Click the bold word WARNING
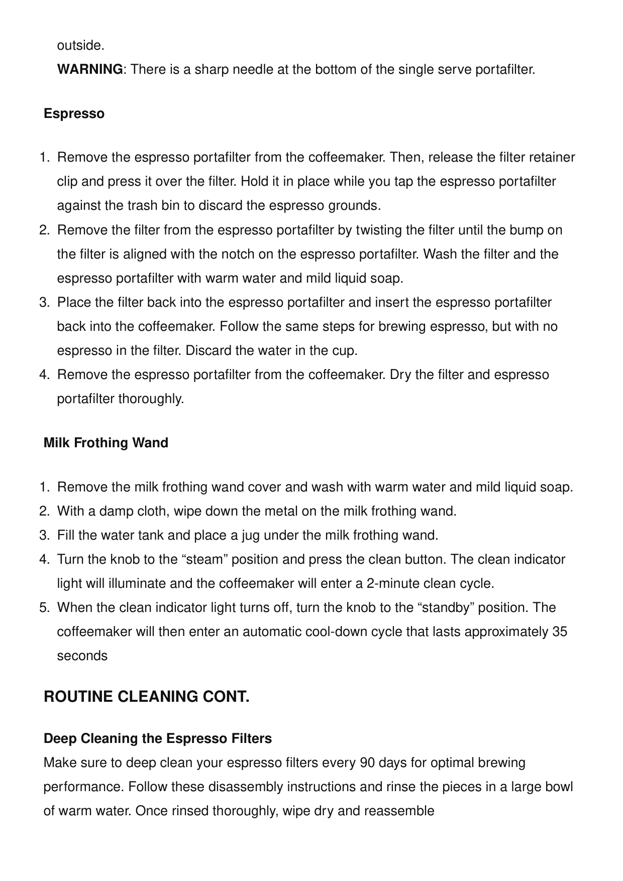[x=90, y=69]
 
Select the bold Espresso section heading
[x=74, y=113]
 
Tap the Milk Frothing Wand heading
[x=106, y=443]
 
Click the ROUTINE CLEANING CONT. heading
[x=147, y=697]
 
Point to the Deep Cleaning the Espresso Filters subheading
[x=158, y=738]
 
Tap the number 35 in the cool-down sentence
[x=560, y=632]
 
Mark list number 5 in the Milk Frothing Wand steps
[x=44, y=607]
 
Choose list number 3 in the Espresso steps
[x=44, y=303]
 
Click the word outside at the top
[x=80, y=46]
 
